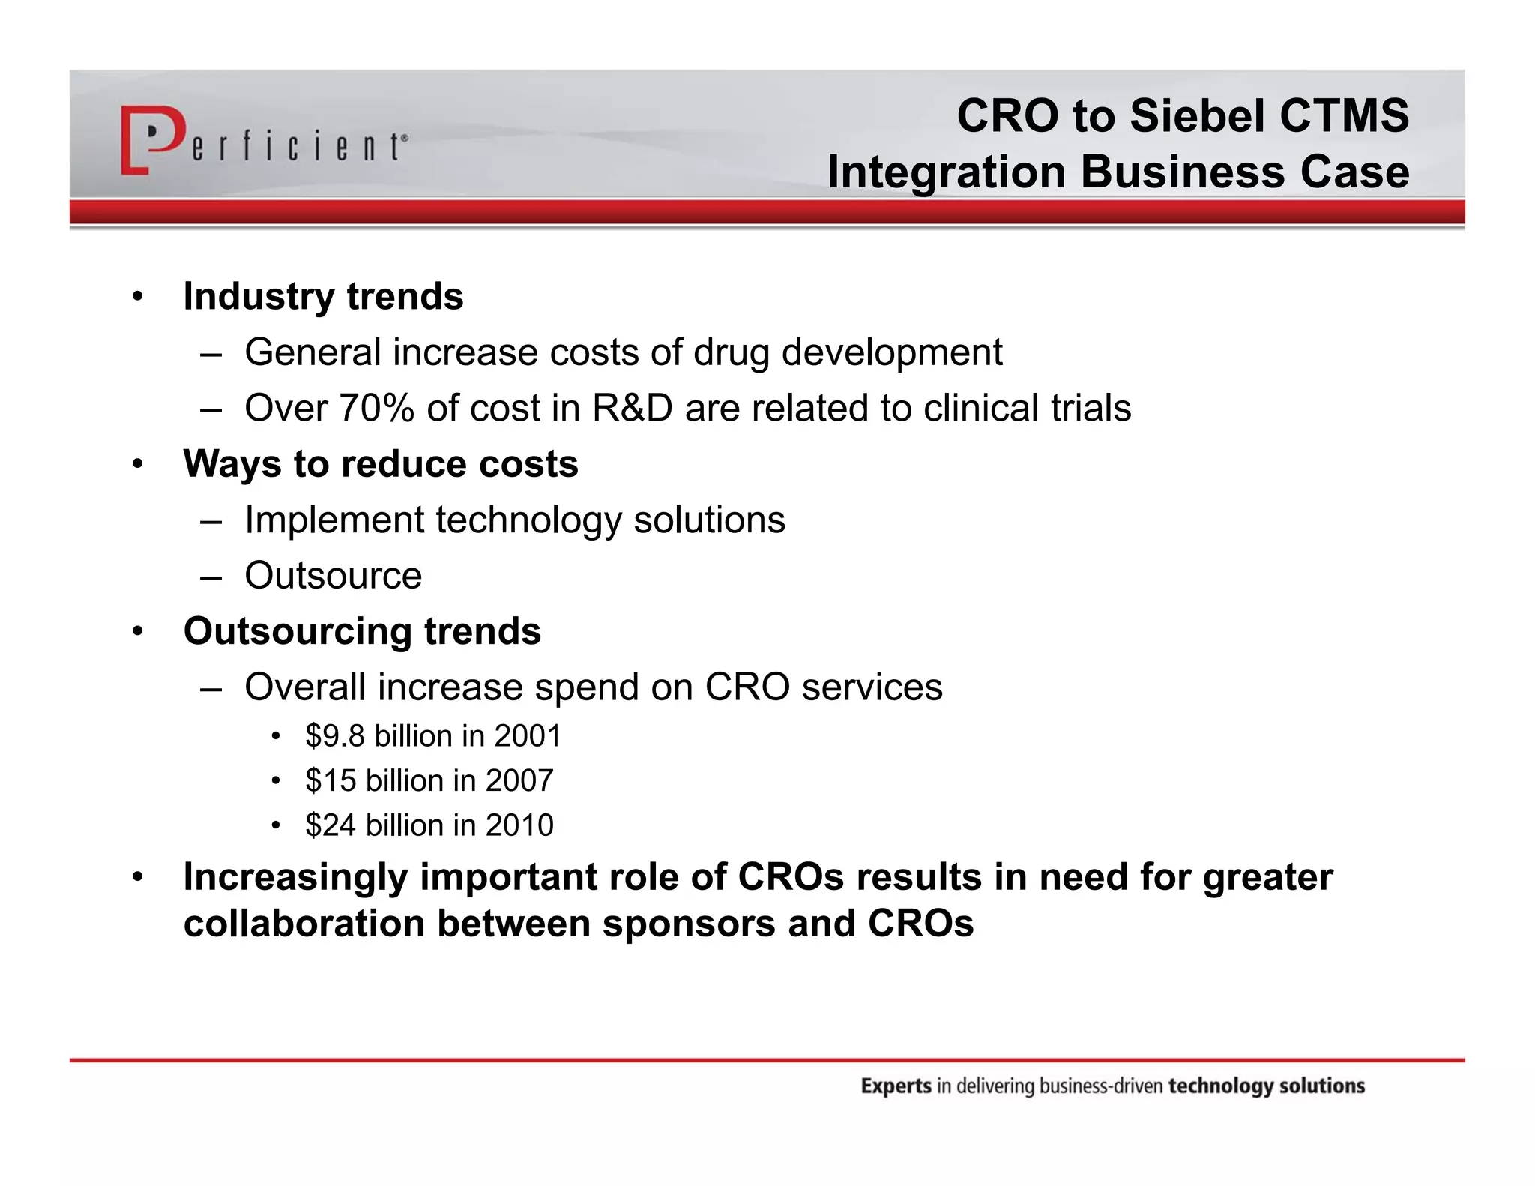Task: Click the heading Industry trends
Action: [323, 296]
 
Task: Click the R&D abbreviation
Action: [632, 409]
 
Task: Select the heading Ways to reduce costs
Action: [381, 464]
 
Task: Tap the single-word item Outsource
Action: [333, 576]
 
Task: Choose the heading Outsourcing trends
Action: [362, 631]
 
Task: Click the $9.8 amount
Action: [335, 736]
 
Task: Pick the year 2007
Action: [519, 781]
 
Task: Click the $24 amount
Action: [331, 825]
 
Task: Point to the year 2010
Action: [519, 825]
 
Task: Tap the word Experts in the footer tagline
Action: [896, 1086]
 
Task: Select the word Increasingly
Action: [295, 877]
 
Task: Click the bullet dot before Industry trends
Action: [137, 297]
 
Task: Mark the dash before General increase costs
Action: [211, 354]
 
